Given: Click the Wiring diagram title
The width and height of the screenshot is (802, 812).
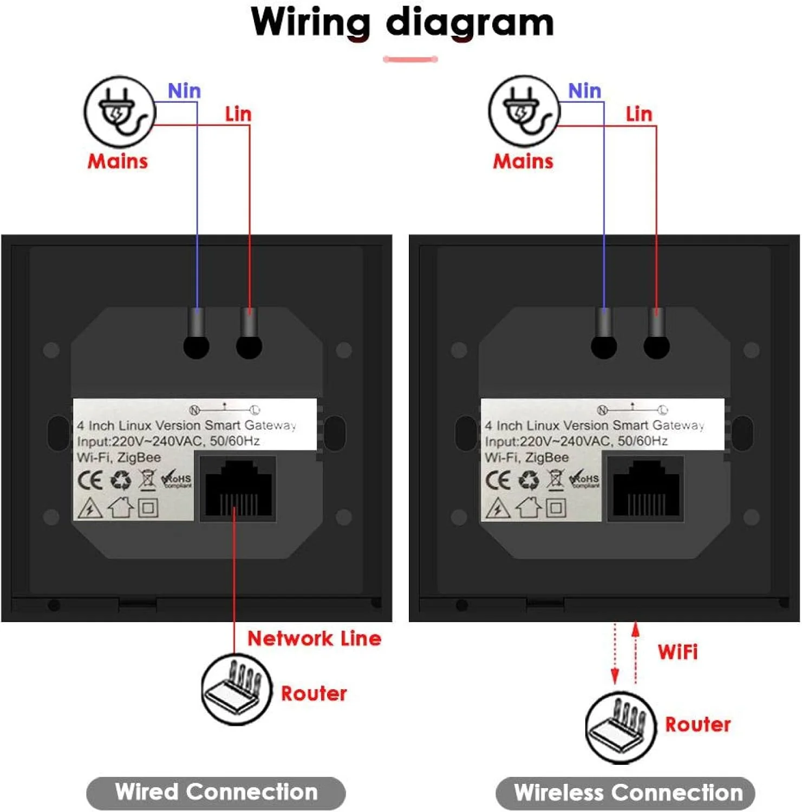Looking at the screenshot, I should point(402,23).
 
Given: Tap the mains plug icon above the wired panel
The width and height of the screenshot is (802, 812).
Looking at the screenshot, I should point(120,112).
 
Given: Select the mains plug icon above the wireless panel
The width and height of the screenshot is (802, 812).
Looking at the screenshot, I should point(524,112).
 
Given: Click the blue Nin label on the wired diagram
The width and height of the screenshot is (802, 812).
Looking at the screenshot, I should point(184,91).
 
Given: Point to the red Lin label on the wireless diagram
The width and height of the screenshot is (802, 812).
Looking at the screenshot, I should point(639,114).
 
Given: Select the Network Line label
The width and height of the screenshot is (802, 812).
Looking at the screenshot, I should point(314,639).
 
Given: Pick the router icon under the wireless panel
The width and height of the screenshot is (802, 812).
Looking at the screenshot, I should point(621,728).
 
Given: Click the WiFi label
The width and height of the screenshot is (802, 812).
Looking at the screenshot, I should point(677,652).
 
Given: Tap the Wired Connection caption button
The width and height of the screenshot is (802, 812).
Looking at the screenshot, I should point(216,793).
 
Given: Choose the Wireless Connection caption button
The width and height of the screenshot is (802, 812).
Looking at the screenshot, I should point(626,793).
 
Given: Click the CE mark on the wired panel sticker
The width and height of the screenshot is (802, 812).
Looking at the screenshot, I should point(90,480).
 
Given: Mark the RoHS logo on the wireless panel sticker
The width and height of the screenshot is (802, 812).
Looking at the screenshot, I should point(585,479).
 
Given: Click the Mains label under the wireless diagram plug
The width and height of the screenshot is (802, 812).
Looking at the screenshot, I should point(523,161).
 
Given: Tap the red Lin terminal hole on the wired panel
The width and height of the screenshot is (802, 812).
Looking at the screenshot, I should point(249,346).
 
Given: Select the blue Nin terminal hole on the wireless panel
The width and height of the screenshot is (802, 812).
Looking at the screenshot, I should point(604,346).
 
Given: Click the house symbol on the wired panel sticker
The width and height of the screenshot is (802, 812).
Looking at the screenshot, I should point(121,508).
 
